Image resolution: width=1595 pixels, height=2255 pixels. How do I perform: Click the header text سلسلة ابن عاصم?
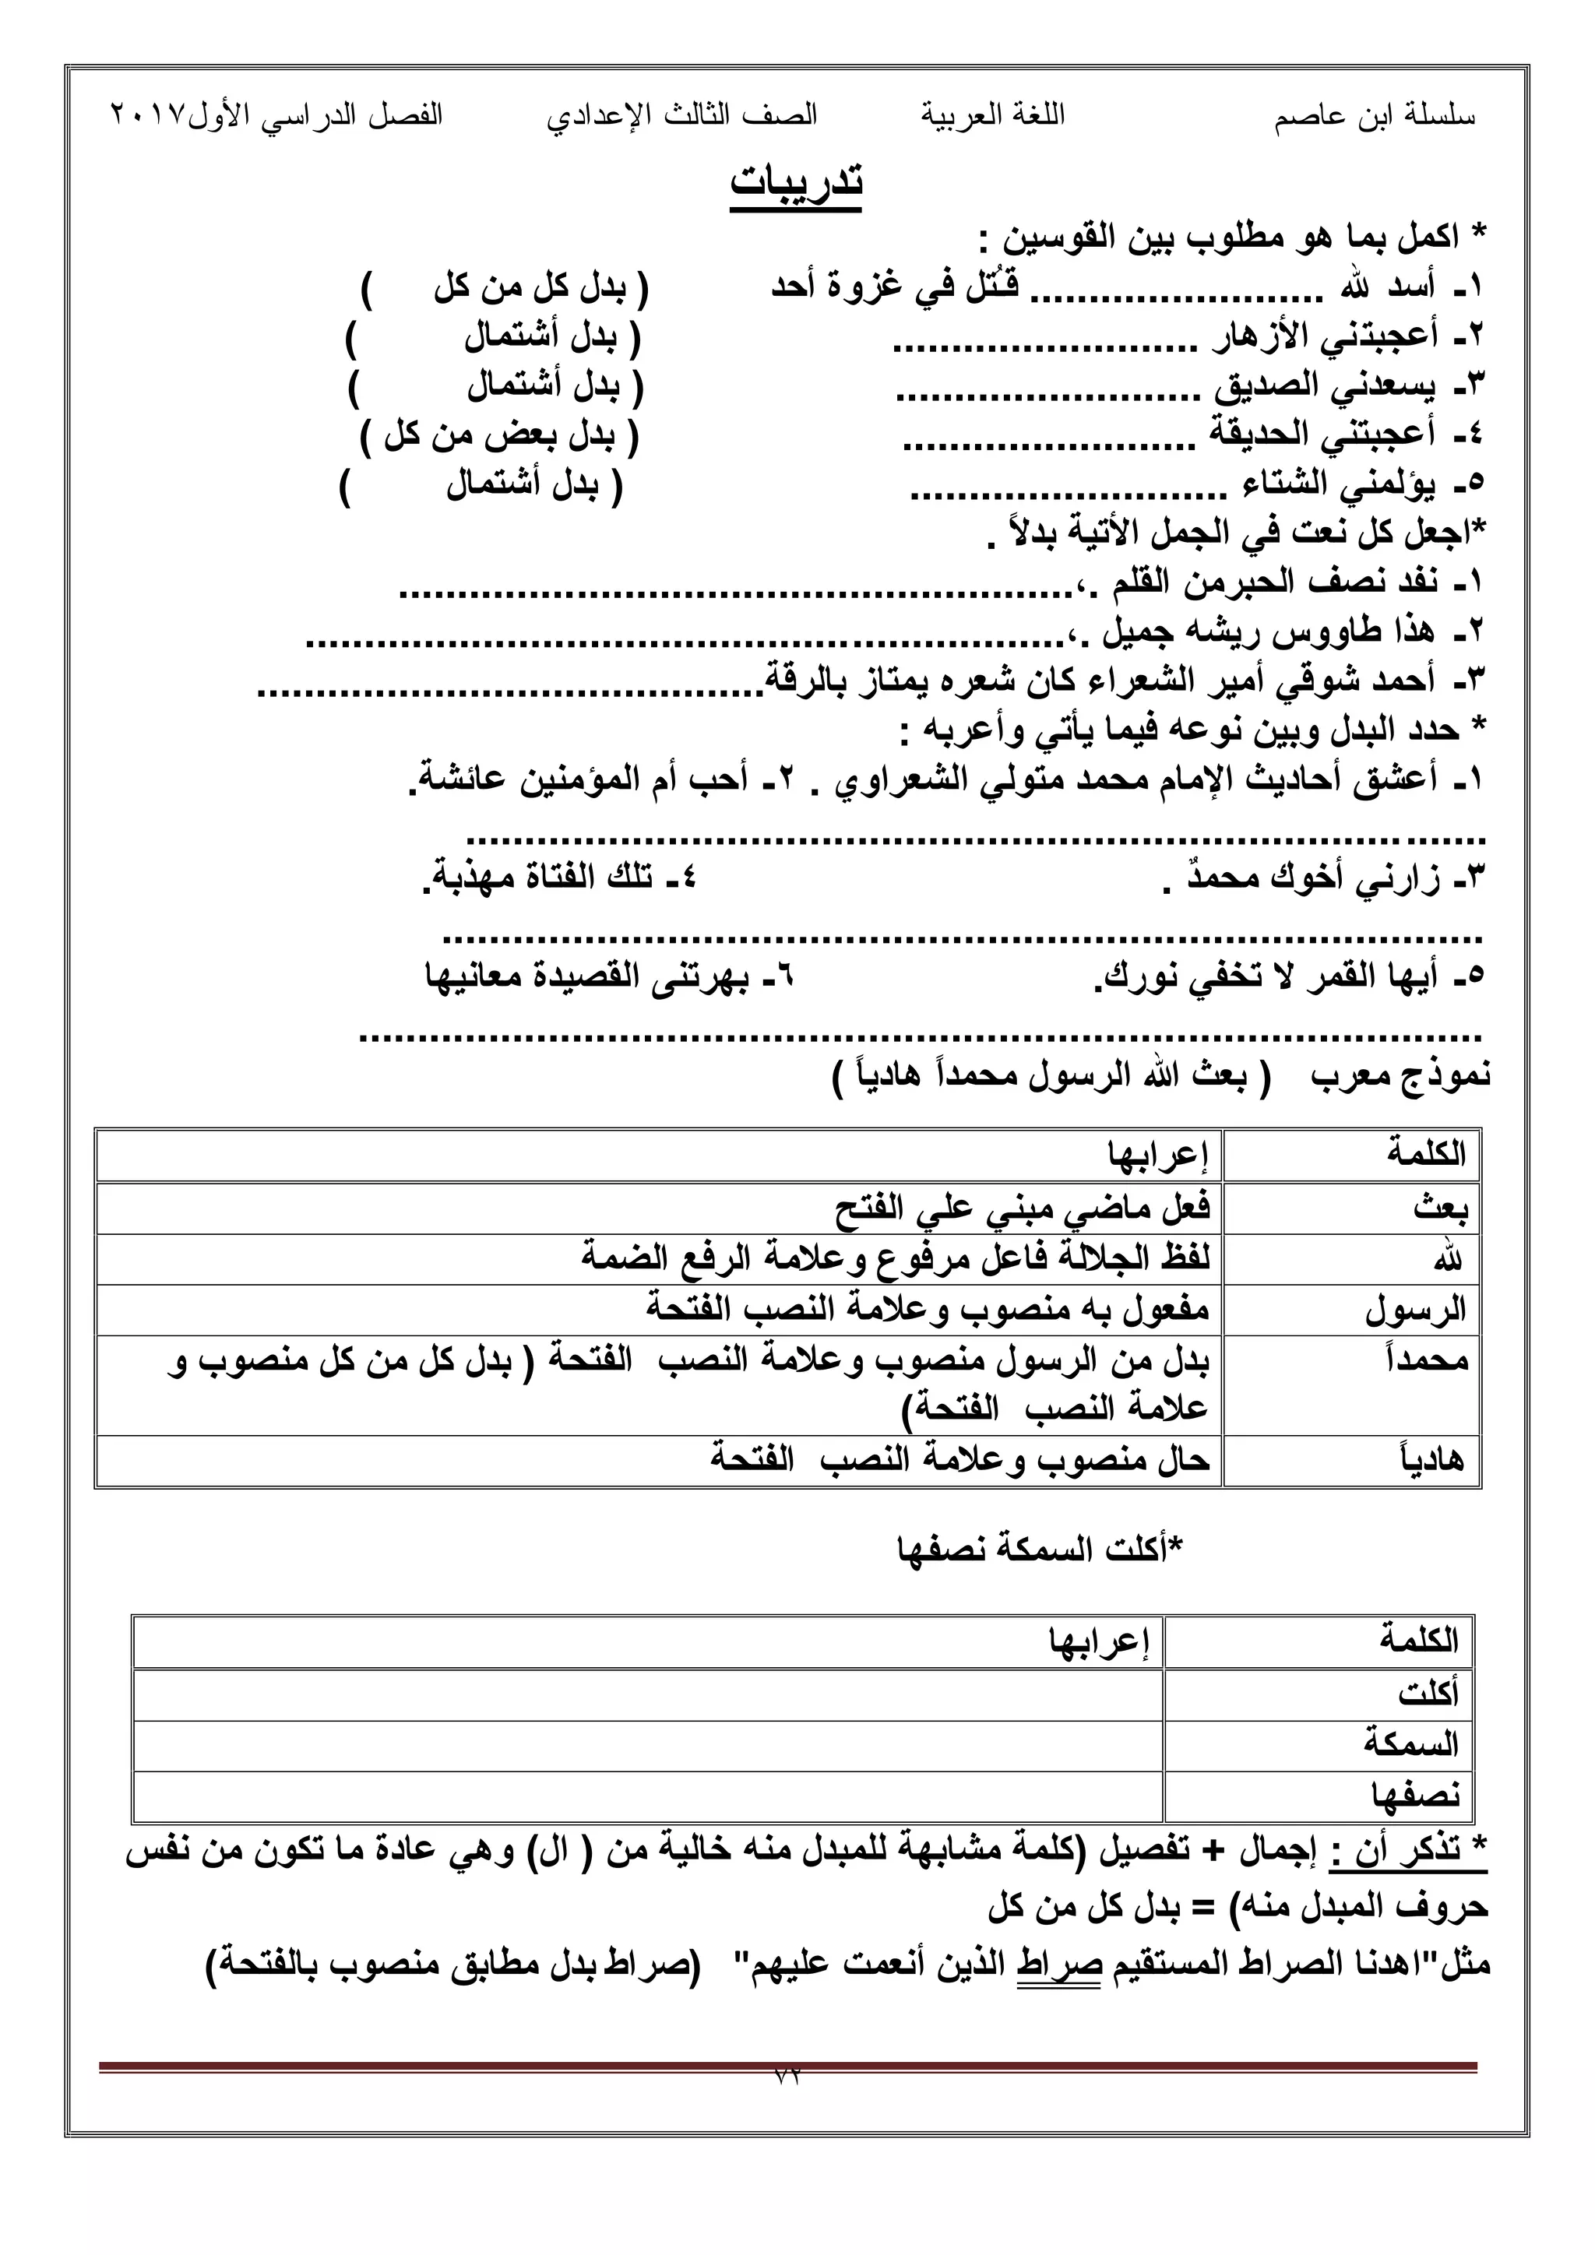1375,117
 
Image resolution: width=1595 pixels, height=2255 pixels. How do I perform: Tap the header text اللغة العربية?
993,116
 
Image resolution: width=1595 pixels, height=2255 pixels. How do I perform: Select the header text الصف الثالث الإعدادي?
682,116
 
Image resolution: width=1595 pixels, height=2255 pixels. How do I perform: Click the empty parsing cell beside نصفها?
648,1796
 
